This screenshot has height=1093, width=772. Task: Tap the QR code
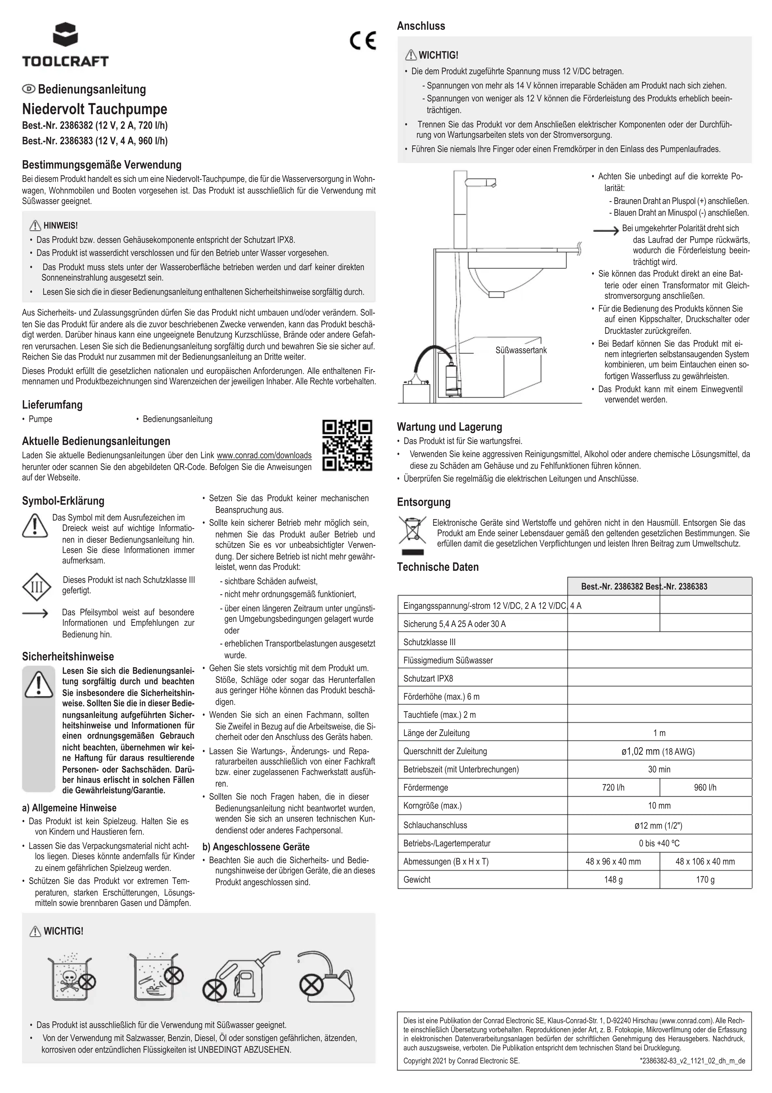click(347, 445)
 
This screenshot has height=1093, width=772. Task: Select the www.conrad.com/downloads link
click(264, 455)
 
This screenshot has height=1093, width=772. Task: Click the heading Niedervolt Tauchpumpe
click(95, 109)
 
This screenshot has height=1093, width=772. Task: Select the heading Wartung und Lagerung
click(449, 427)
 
